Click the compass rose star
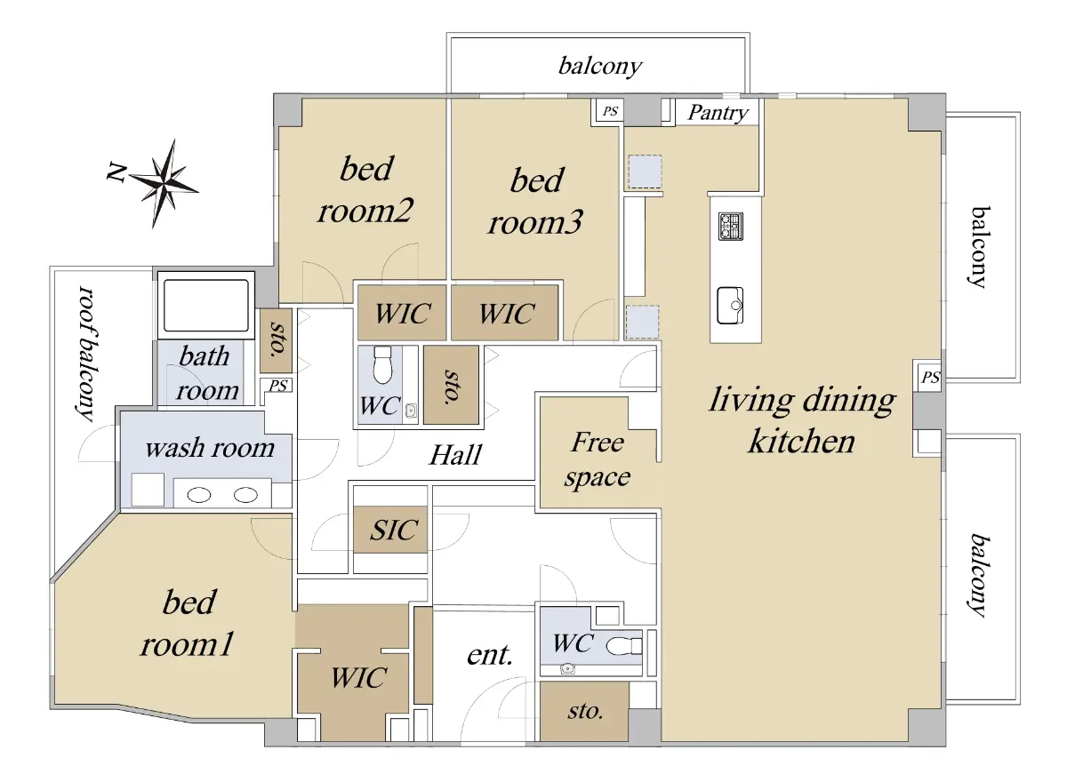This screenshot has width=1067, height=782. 164,183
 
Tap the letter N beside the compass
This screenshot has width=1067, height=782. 116,172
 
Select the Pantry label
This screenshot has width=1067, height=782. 718,113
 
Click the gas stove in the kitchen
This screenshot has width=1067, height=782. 731,226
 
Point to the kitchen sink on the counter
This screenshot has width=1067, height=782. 730,305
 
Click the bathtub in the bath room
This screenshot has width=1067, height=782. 206,305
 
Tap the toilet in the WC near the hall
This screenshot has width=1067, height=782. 382,365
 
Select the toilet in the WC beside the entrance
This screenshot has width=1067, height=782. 623,646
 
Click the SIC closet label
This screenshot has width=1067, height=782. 394,530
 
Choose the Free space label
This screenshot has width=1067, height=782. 598,459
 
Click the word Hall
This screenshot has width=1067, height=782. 455,455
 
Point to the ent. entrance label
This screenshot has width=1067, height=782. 490,655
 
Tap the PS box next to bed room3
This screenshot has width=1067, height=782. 610,111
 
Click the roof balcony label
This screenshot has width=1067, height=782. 86,354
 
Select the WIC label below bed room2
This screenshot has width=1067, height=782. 403,314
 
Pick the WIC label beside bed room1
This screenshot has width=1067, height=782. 358,677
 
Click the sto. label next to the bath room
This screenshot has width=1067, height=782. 277,339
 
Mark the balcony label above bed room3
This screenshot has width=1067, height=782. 600,67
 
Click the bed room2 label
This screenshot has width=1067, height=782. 365,189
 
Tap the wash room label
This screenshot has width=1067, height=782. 210,448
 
